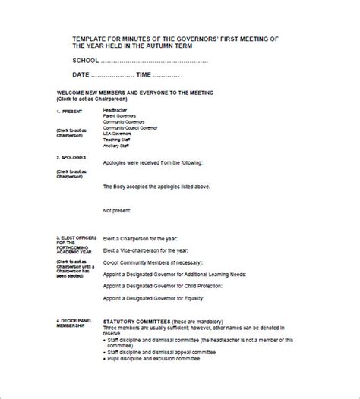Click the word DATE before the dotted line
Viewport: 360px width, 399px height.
[x=81, y=74]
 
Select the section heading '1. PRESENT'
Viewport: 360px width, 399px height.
[x=69, y=111]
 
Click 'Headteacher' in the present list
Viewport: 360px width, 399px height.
[x=115, y=111]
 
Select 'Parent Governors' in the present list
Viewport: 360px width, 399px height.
[x=120, y=116]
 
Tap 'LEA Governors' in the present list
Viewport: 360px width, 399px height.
[x=118, y=134]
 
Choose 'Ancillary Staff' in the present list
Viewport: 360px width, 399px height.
[x=118, y=146]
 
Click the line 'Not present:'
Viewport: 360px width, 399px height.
[x=118, y=209]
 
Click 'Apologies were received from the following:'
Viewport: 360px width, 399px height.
[x=153, y=162]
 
